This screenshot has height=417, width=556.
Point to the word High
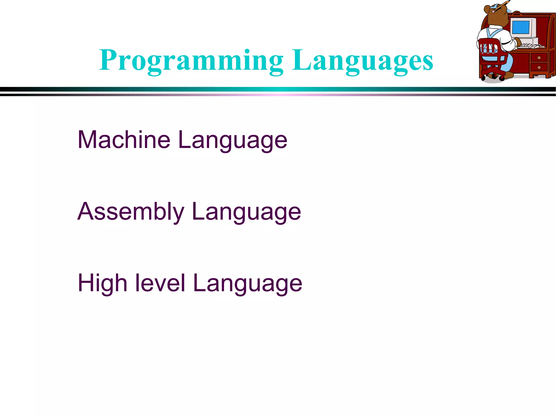coord(102,283)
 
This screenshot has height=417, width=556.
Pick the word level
coord(160,283)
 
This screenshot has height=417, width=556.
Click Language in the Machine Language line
coord(232,140)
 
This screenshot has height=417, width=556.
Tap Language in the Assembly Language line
coord(246,212)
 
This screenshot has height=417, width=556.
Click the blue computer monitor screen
coord(520,27)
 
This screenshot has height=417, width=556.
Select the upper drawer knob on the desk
coord(539,58)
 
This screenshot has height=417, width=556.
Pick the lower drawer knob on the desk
coord(539,67)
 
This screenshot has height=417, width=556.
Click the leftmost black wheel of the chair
coord(483,79)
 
